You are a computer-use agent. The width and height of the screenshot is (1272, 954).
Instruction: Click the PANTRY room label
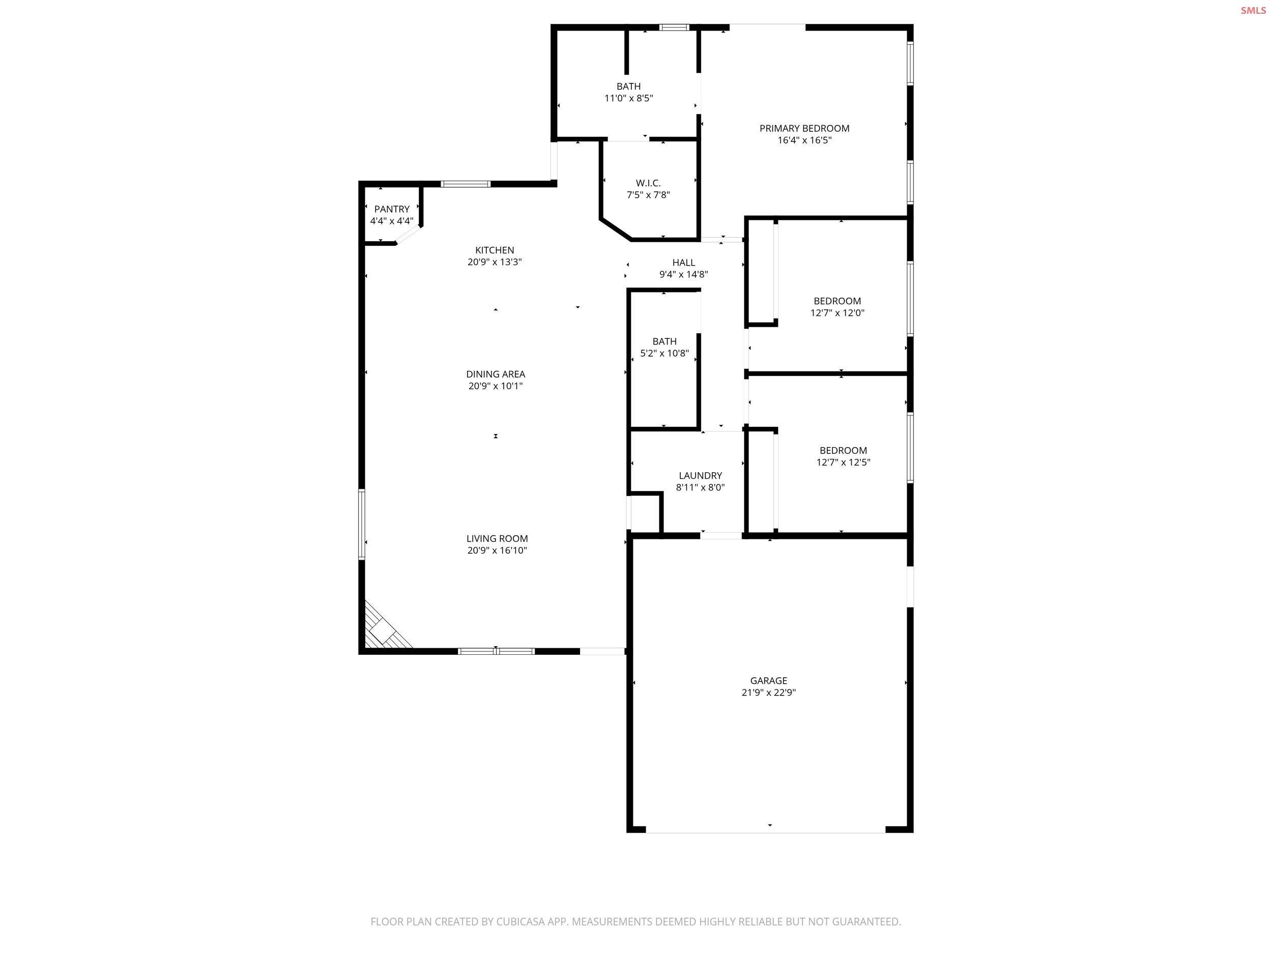tap(392, 209)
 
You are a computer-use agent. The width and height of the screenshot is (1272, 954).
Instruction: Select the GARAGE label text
tap(768, 681)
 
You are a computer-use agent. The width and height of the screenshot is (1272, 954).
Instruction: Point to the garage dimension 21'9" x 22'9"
tap(768, 693)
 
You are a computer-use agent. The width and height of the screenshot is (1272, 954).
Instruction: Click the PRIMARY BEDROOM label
tap(804, 129)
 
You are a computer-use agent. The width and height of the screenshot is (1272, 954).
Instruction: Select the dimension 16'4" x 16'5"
tap(804, 140)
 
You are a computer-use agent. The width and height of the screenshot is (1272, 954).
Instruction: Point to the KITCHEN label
tap(495, 250)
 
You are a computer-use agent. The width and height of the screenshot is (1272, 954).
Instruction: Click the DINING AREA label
tap(495, 374)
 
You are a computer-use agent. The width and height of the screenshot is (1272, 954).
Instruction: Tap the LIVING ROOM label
tap(497, 539)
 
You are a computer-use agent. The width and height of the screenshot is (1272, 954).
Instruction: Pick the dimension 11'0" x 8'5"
tap(628, 98)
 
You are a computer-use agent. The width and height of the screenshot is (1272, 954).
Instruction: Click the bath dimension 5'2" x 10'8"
tap(664, 354)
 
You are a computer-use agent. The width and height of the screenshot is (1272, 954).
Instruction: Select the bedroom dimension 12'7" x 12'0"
tap(837, 313)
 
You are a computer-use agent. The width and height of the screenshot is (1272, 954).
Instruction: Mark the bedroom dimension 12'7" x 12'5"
tap(843, 462)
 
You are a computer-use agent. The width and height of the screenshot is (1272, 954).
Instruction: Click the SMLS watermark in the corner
tap(1253, 10)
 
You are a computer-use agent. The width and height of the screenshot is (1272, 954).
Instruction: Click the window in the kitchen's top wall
tap(466, 184)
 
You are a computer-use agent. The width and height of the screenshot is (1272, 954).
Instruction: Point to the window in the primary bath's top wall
tap(674, 27)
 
